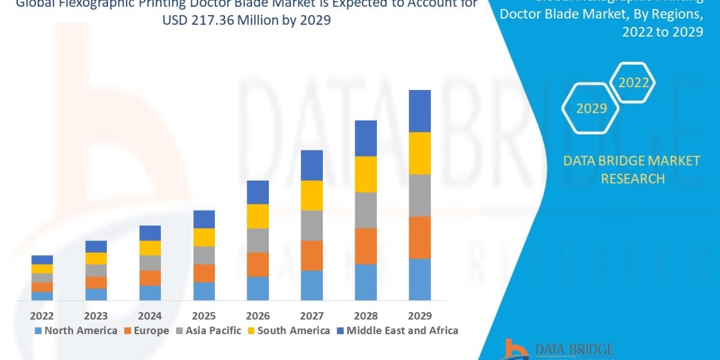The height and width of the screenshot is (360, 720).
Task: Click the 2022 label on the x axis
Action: [42, 316]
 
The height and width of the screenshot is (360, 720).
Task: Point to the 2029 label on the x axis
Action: [419, 316]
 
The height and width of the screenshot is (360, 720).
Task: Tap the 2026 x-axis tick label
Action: [257, 316]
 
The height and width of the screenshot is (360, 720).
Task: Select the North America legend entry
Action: [76, 331]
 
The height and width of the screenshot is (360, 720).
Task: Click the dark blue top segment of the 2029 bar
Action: [419, 111]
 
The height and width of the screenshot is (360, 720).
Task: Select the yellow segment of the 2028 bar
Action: [365, 174]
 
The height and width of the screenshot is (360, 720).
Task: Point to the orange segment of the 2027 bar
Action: [311, 256]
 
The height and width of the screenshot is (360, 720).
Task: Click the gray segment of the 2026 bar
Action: [257, 240]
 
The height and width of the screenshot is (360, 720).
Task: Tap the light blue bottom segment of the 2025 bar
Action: [204, 291]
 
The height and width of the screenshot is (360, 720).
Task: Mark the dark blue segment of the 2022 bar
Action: [42, 260]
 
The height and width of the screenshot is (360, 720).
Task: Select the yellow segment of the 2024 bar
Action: [150, 248]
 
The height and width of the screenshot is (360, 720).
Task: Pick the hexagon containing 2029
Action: [591, 109]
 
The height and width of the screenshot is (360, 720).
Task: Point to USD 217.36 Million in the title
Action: [208, 20]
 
